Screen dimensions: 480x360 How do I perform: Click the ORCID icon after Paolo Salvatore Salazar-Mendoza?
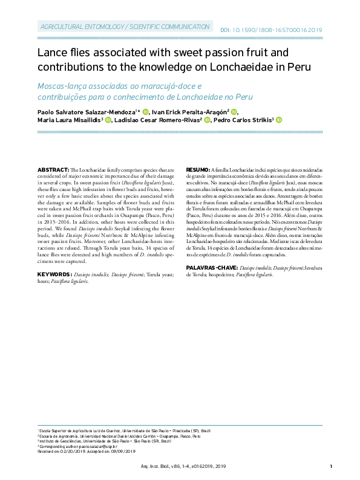(145, 112)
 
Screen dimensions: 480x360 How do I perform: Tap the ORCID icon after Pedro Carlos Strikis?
(279, 120)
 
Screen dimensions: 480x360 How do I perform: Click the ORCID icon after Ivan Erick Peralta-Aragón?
(234, 112)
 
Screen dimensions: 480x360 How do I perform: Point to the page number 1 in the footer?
(332, 466)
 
